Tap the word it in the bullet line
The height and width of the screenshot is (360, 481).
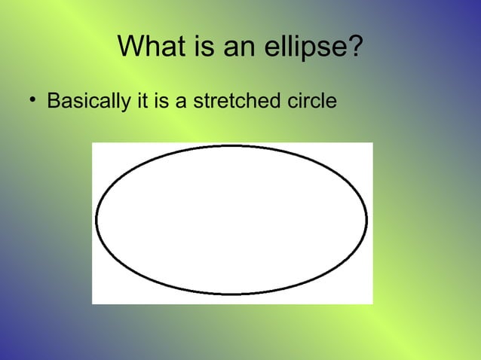(141, 100)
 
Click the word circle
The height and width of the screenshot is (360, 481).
(308, 100)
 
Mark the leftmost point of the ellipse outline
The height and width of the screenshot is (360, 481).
(97, 220)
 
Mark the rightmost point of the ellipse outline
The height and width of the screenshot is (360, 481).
(366, 220)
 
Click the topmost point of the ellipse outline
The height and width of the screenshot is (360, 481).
(231, 146)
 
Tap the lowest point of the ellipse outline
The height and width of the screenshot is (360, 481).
(231, 294)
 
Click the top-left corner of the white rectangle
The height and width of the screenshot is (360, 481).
(93, 143)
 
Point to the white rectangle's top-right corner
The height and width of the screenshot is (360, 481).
(372, 143)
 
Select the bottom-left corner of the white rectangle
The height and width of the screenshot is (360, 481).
(93, 304)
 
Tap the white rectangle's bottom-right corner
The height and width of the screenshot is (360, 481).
(372, 304)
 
